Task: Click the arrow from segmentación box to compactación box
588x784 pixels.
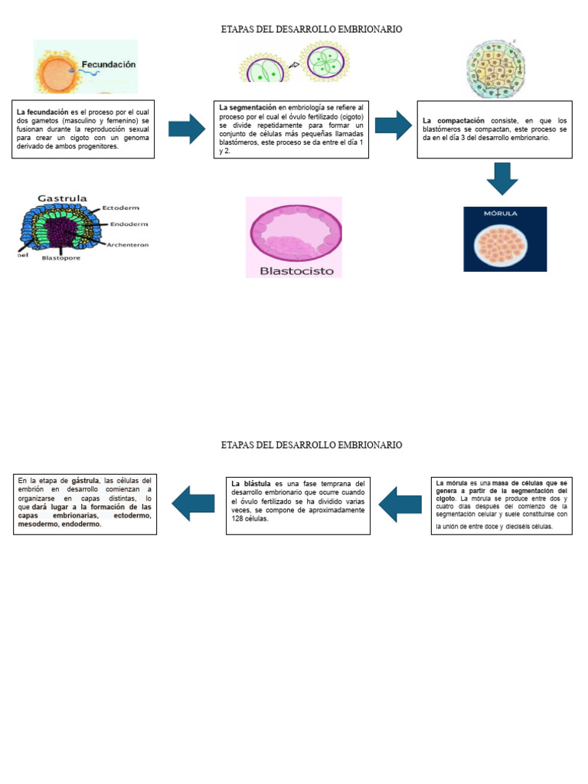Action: pos(393,125)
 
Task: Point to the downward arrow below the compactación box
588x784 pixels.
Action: pos(501,178)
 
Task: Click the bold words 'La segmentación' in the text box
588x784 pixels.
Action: pos(247,107)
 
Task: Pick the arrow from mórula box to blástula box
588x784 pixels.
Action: pos(400,503)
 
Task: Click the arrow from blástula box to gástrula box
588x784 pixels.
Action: pos(193,503)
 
